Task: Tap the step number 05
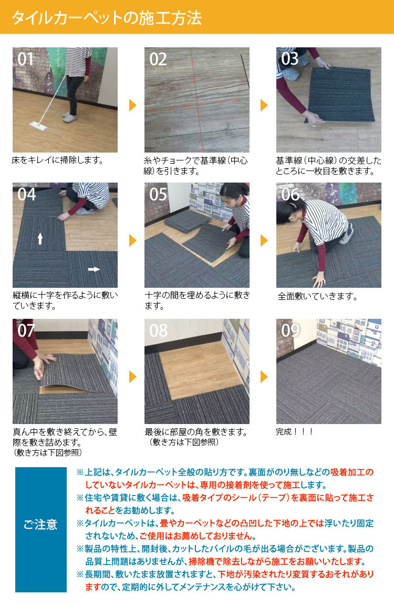(158, 195)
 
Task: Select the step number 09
(291, 330)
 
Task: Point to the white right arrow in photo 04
(94, 269)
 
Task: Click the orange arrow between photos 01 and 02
(132, 105)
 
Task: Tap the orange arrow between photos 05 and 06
(264, 240)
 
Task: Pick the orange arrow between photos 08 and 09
(264, 376)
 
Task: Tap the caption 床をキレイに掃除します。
(58, 159)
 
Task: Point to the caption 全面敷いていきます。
(317, 297)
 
